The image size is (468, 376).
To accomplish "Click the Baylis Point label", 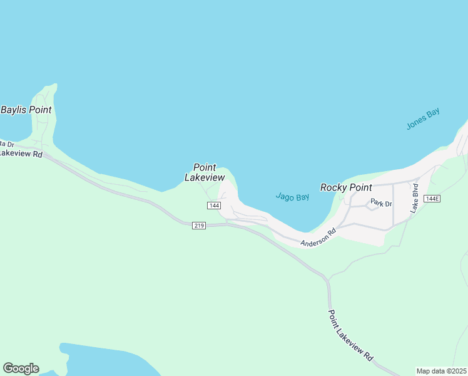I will point(26,110).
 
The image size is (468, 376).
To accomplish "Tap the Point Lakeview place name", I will point(205,172).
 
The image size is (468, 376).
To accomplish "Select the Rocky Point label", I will point(346,187).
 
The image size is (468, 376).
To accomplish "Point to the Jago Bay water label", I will point(293,197).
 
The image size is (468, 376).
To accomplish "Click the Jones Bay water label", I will point(424,119).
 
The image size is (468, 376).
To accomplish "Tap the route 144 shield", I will point(214,206).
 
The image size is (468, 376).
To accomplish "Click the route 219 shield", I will point(199,226).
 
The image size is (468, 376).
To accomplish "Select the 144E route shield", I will point(432,199).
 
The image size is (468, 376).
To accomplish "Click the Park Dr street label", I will point(380,203).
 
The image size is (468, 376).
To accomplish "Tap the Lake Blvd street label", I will point(414,199).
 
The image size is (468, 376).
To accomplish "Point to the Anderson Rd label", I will point(318,238).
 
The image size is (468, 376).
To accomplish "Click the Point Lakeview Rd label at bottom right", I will point(351,335).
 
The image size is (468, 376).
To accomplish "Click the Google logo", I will point(21,368).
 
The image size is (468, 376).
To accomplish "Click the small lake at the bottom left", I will point(94,360).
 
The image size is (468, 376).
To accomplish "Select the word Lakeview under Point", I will point(205,177).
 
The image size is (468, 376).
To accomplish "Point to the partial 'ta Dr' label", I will point(7,145).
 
